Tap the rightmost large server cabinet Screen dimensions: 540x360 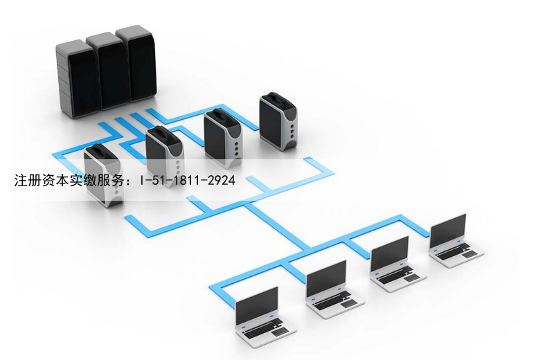136,64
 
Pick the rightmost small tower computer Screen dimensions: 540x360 278,122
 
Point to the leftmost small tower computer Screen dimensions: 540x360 103,176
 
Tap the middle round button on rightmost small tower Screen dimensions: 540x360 292,132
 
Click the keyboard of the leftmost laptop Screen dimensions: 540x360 262,327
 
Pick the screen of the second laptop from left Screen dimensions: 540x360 326,278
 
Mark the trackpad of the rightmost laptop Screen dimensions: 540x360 470,254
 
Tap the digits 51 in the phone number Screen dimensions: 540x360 162,180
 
